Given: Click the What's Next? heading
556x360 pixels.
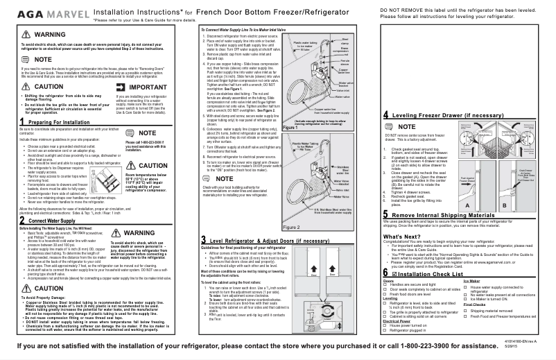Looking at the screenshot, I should [401, 237].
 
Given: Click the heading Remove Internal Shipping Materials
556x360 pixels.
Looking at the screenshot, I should [451, 216].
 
